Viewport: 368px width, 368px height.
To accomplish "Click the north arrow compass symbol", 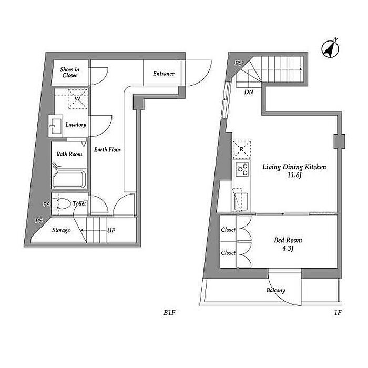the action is (x=329, y=49).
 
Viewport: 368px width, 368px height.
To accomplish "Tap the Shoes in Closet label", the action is (x=69, y=72).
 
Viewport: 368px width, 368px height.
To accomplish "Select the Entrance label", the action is (x=163, y=74).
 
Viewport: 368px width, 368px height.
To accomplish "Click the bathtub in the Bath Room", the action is (x=68, y=180).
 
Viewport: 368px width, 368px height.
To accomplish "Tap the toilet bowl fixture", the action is (x=61, y=204).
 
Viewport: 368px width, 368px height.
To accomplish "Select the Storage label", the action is (x=61, y=230).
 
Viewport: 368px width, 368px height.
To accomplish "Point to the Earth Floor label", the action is (x=107, y=150).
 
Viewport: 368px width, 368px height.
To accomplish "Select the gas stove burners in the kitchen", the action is (x=243, y=169).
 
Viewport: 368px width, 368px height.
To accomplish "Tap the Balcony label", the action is (x=276, y=290).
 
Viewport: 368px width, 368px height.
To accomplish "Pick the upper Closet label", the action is (x=228, y=230).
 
